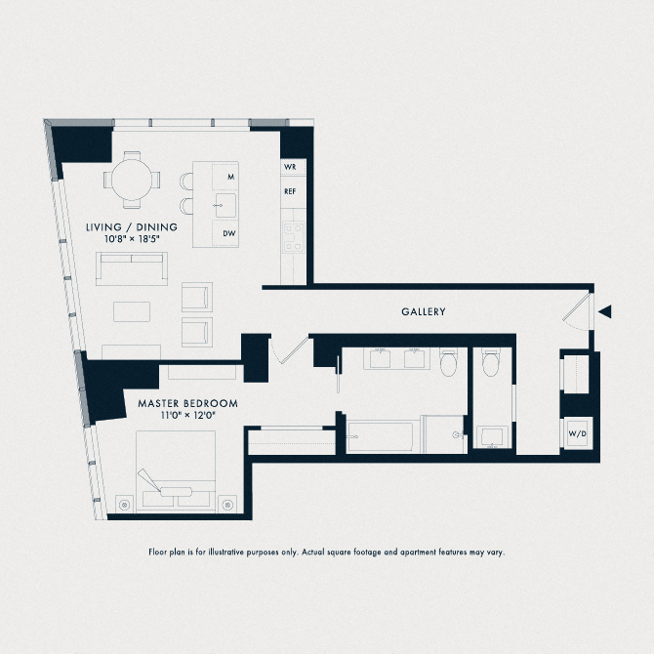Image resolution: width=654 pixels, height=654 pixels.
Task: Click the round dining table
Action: [130, 180]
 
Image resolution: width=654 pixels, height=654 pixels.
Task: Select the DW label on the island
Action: [228, 233]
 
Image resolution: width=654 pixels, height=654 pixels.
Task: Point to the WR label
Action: [290, 168]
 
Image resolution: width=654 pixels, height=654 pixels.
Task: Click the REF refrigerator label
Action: [290, 191]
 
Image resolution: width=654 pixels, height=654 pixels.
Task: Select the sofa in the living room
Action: [131, 268]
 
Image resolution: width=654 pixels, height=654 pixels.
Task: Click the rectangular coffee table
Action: [132, 310]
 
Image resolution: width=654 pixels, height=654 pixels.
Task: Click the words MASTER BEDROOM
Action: [187, 403]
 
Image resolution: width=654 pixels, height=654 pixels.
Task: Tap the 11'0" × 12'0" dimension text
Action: [187, 416]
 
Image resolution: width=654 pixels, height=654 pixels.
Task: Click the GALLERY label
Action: [423, 312]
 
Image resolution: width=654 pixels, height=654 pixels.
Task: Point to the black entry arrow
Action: [605, 312]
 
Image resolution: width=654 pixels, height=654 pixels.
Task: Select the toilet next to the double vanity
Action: [449, 363]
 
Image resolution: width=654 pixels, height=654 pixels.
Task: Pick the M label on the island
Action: [230, 177]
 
